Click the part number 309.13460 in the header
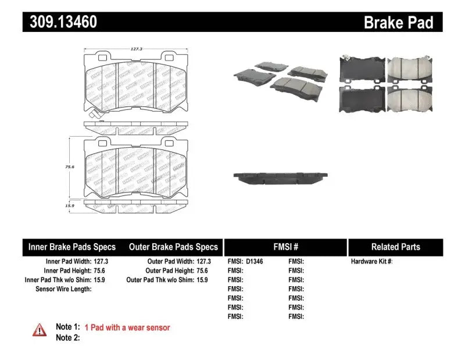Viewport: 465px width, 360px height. (60, 22)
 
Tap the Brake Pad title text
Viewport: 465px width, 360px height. (398, 23)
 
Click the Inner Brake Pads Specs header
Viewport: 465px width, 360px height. (72, 247)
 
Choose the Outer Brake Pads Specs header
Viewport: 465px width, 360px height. (173, 247)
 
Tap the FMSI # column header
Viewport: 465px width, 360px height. (285, 247)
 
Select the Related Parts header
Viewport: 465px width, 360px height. (395, 247)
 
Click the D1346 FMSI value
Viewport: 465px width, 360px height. (255, 262)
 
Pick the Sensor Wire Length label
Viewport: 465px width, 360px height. (63, 289)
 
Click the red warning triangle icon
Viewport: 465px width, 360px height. (39, 329)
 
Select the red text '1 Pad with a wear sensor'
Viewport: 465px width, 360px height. (127, 328)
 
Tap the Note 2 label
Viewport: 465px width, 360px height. (67, 338)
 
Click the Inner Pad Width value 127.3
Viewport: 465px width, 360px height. (101, 262)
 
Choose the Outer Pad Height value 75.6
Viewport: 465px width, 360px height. (201, 270)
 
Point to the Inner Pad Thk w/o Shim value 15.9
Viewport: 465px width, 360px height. (101, 280)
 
